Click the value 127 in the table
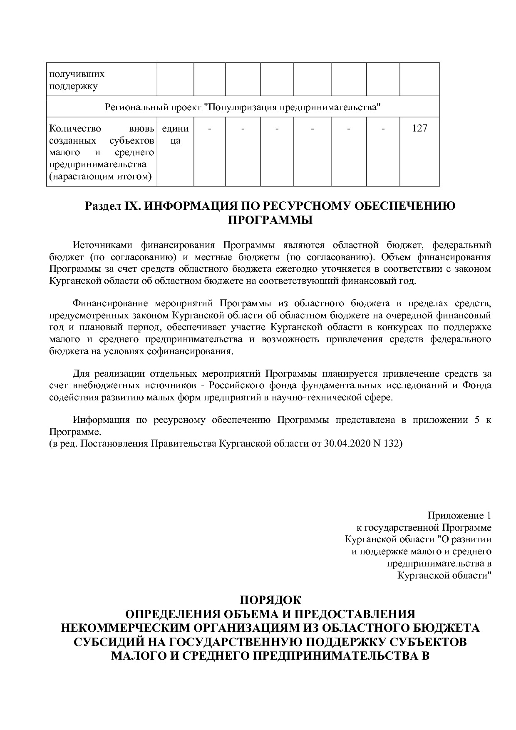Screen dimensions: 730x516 coord(419,129)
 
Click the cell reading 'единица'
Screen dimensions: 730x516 coord(175,134)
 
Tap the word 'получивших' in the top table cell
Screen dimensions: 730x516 coord(77,74)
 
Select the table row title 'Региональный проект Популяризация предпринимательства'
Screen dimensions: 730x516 coord(243,107)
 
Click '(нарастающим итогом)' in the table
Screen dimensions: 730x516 coord(100,177)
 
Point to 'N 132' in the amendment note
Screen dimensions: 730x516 coord(387,443)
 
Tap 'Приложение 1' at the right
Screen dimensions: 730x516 coord(459,516)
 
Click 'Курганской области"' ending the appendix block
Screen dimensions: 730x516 coord(444,576)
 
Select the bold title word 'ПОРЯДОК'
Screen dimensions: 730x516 coord(270,601)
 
